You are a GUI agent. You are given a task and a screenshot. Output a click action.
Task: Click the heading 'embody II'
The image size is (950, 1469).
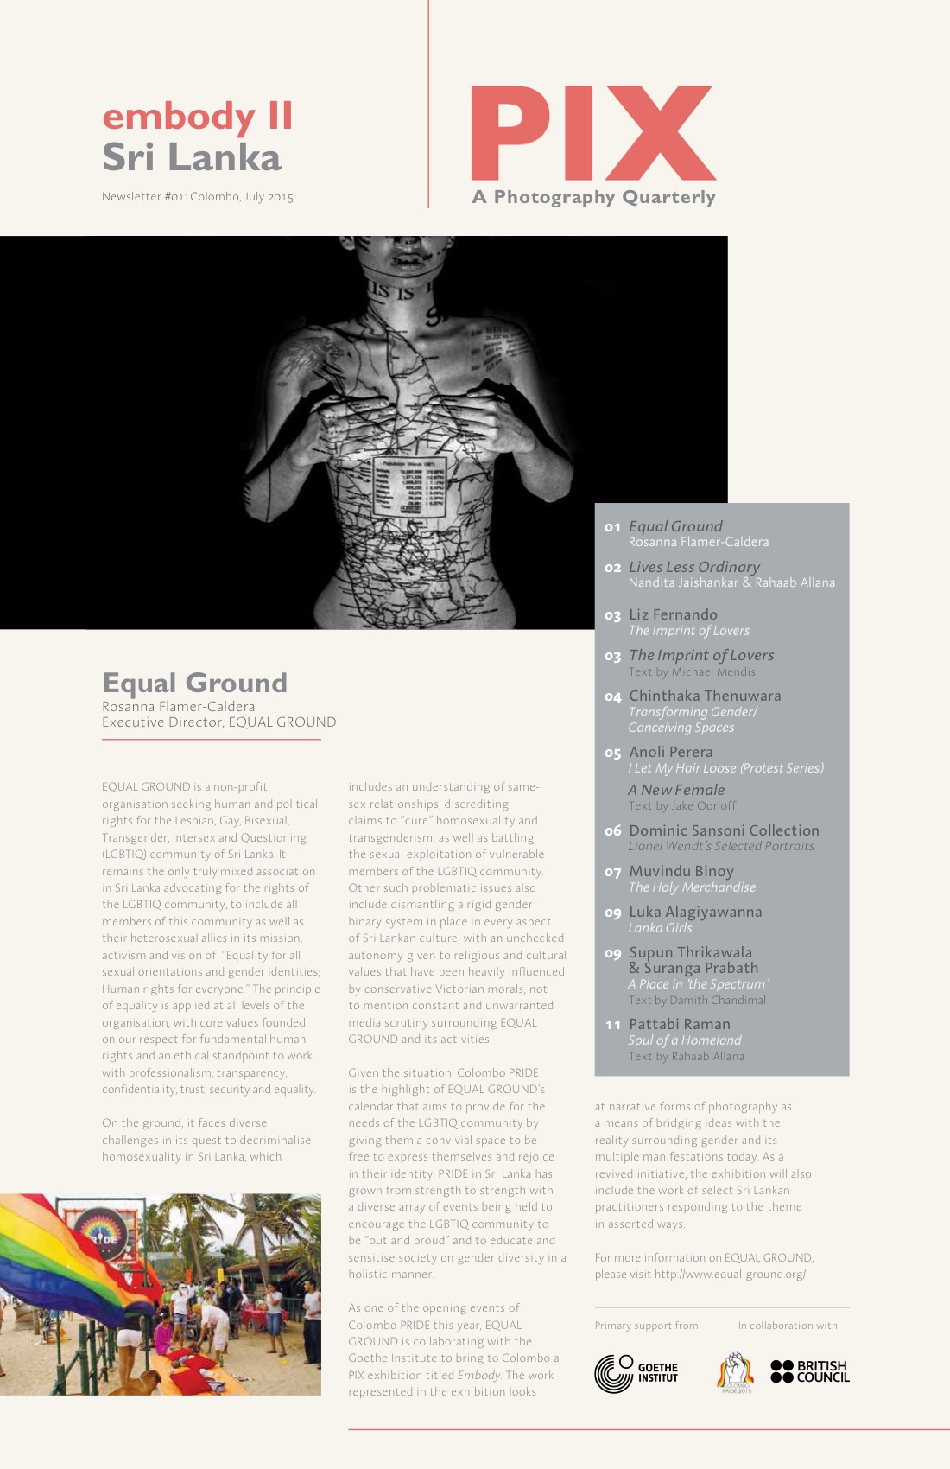pyautogui.click(x=198, y=116)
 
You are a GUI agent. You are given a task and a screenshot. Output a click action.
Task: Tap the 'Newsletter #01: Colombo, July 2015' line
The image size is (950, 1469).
pyautogui.click(x=198, y=197)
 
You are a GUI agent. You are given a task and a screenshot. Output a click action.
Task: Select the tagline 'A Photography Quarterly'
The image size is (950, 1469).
pyautogui.click(x=594, y=197)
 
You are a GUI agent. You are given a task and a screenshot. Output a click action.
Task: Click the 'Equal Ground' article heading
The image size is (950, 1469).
pyautogui.click(x=194, y=683)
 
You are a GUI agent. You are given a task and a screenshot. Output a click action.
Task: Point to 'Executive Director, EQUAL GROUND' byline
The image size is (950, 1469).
pyautogui.click(x=219, y=722)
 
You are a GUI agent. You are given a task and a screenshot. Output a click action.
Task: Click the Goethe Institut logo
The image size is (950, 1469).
pyautogui.click(x=636, y=1372)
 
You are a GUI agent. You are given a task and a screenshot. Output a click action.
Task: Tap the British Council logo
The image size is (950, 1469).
pyautogui.click(x=810, y=1371)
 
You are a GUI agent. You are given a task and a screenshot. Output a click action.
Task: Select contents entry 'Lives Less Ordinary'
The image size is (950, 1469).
pyautogui.click(x=694, y=567)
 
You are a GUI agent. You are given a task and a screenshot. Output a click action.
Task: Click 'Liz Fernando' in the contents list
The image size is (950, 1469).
pyautogui.click(x=673, y=614)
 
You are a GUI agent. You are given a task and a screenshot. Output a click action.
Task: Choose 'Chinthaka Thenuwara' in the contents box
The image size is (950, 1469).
pyautogui.click(x=705, y=696)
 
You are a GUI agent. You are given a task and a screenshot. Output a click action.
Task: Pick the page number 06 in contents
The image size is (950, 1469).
pyautogui.click(x=612, y=831)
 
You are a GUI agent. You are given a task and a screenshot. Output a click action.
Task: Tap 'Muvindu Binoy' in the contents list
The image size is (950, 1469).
pyautogui.click(x=681, y=871)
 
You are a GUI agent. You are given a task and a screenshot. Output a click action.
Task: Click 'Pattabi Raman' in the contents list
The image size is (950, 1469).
pyautogui.click(x=680, y=1024)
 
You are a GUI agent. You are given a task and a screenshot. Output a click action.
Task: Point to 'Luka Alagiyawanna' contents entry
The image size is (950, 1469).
pyautogui.click(x=695, y=912)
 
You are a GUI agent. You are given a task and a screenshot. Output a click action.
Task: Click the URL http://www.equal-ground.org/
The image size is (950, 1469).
pyautogui.click(x=730, y=1275)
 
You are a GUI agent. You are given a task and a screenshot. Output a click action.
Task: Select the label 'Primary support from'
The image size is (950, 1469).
pyautogui.click(x=646, y=1326)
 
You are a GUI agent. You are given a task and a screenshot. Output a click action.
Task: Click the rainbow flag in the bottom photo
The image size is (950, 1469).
pyautogui.click(x=52, y=1253)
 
